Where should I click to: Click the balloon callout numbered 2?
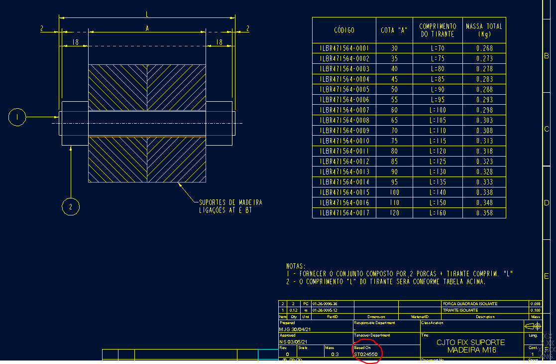[x=71, y=206]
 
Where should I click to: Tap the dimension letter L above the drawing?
[x=147, y=13]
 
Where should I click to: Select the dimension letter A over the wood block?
[x=147, y=28]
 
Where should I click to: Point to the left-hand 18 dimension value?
[x=75, y=43]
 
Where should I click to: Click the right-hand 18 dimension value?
[x=219, y=43]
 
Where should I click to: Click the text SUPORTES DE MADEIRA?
[x=230, y=202]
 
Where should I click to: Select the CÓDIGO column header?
[x=344, y=30]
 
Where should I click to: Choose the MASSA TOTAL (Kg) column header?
[x=484, y=30]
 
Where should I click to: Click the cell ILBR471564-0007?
[x=344, y=110]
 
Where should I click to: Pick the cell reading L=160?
[x=438, y=213]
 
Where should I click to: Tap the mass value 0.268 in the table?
[x=484, y=48]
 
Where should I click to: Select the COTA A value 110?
[x=395, y=203]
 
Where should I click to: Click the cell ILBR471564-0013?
[x=344, y=172]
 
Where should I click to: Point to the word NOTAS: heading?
[x=296, y=267]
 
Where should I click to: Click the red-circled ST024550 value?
[x=366, y=354]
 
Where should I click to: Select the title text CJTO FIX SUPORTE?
[x=470, y=343]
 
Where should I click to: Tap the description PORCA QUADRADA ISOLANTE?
[x=470, y=304]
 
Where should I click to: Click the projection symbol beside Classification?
[x=532, y=326]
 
